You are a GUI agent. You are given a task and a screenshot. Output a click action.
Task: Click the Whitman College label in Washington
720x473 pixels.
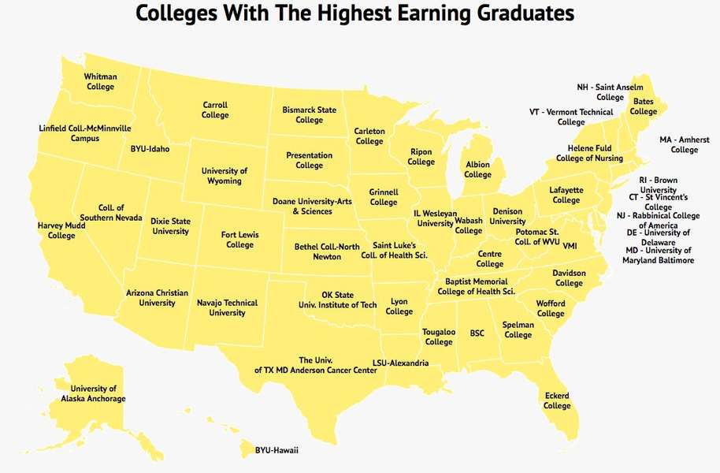(x=100, y=81)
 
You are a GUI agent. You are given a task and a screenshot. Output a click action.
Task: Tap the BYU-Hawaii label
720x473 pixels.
(x=276, y=450)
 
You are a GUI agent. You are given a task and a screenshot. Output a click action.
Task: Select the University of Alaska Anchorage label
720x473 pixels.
(x=93, y=393)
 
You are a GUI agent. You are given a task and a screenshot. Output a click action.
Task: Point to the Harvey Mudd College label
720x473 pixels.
(x=61, y=230)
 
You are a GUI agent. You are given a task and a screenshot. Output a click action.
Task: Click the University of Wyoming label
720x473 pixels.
(x=225, y=176)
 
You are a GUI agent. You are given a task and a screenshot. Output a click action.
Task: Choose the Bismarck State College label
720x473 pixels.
(x=309, y=115)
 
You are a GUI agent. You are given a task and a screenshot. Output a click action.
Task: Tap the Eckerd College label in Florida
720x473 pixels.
(x=557, y=400)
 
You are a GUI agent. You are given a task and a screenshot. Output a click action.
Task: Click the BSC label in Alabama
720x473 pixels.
(x=477, y=333)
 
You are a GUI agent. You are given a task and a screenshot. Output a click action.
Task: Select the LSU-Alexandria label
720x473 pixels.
(x=400, y=363)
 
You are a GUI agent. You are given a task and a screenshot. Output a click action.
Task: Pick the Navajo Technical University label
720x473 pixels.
(x=228, y=307)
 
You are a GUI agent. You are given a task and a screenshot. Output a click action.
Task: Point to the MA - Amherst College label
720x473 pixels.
(x=684, y=145)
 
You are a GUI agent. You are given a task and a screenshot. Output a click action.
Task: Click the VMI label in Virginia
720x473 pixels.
(x=570, y=245)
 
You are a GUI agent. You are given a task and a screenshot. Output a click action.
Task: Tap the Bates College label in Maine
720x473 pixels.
(x=643, y=106)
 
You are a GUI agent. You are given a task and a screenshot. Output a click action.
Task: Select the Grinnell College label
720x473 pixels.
(x=384, y=197)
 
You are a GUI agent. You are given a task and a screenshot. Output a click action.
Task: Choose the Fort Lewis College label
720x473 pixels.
(x=240, y=240)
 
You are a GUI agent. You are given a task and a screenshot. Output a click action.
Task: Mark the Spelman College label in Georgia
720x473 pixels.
(x=518, y=330)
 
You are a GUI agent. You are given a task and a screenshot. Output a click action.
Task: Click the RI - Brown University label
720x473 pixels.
(x=658, y=185)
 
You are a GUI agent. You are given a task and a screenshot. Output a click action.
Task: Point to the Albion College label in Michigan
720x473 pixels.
(x=477, y=169)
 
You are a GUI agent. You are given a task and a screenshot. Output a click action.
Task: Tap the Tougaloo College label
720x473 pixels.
(x=439, y=337)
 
